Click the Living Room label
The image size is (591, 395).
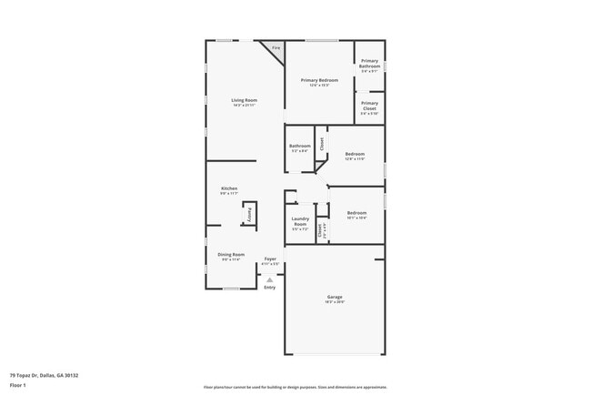click(244, 100)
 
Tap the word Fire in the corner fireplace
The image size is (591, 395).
click(275, 47)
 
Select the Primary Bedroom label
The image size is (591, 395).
click(319, 80)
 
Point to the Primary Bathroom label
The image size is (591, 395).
click(369, 64)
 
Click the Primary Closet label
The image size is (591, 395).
click(369, 105)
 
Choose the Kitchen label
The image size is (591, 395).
click(229, 188)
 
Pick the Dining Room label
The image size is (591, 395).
click(231, 254)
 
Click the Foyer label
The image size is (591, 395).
click(270, 258)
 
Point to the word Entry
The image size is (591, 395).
click(269, 288)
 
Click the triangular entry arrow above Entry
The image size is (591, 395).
click(269, 279)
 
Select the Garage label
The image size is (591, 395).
click(335, 298)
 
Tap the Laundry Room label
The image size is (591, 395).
click(300, 221)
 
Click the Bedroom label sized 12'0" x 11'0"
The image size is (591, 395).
click(355, 154)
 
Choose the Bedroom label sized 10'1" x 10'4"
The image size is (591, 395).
click(356, 213)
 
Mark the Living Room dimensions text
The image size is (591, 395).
click(244, 106)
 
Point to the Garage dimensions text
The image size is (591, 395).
click(335, 303)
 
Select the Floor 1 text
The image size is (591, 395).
click(18, 385)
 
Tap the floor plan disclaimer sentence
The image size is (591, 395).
click(296, 386)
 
